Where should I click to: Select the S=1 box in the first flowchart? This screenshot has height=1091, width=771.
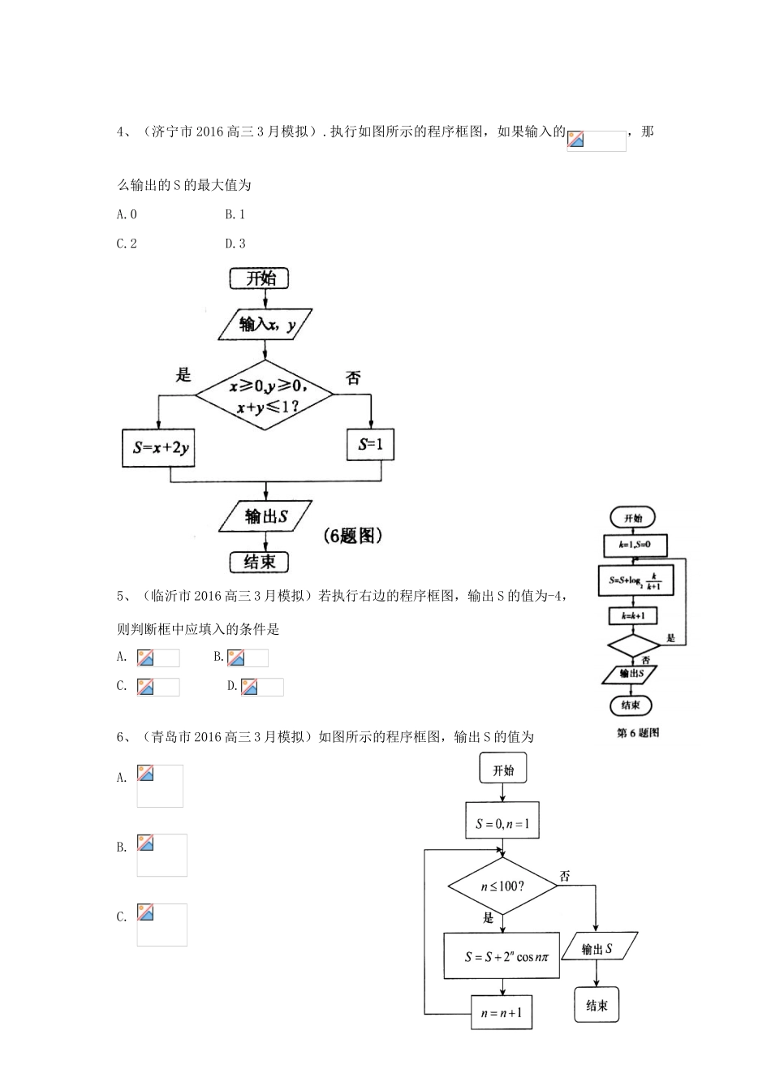tap(371, 445)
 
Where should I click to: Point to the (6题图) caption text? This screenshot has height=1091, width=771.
tap(351, 536)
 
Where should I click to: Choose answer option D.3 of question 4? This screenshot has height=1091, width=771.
tap(235, 244)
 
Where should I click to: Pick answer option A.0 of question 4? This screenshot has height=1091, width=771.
tap(127, 214)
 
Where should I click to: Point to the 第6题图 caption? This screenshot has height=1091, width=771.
tap(638, 733)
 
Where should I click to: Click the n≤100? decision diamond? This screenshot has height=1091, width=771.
tap(503, 886)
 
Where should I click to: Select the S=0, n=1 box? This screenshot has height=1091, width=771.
tap(502, 824)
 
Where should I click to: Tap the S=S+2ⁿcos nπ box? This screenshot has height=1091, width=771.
tap(502, 956)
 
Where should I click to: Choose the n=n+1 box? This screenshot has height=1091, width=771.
tap(502, 1013)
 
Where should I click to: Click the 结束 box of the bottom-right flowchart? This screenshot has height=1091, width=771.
tap(597, 1005)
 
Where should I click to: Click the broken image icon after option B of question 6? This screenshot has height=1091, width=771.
tap(146, 843)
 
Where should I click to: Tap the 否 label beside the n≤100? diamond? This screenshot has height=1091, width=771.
tap(566, 877)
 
